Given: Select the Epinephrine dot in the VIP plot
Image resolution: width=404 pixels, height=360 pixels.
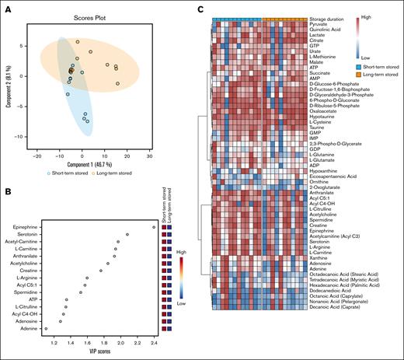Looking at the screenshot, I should (153, 226).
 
